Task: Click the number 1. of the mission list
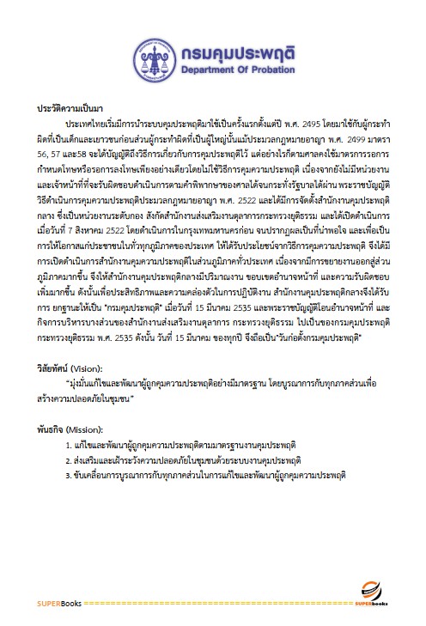click(68, 447)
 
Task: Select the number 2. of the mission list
click(68, 460)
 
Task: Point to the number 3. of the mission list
click(68, 474)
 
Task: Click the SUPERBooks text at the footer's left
click(58, 603)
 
